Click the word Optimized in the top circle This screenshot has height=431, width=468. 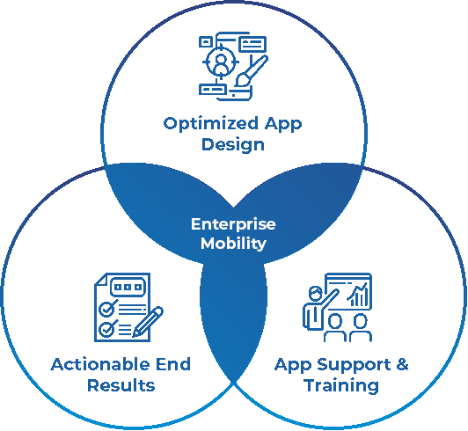(211, 124)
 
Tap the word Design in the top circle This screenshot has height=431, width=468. (233, 145)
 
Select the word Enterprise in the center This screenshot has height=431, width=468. (233, 225)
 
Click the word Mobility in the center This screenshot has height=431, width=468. (233, 244)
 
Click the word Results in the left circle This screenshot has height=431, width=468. (121, 385)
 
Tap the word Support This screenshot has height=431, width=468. (354, 365)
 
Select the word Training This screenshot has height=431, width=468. (341, 386)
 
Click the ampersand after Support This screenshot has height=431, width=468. (402, 364)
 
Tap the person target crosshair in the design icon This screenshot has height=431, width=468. (221, 62)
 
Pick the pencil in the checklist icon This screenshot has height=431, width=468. (148, 322)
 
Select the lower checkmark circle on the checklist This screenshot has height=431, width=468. (106, 329)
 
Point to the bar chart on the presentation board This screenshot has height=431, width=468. (357, 295)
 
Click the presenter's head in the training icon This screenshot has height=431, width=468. (315, 293)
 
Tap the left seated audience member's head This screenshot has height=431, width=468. (335, 321)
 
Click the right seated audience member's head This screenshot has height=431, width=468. (361, 321)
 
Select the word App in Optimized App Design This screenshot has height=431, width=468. (283, 124)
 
